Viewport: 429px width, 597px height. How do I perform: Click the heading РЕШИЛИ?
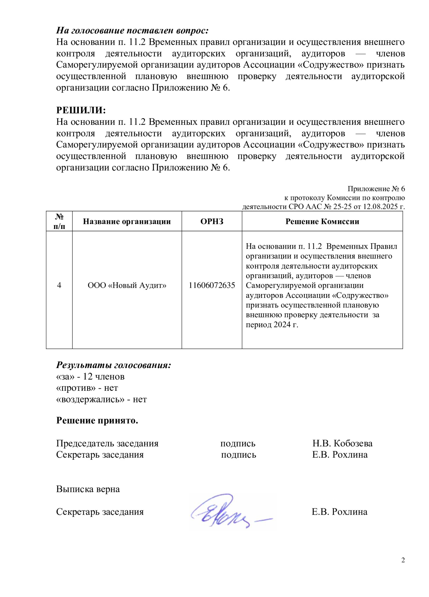(81, 110)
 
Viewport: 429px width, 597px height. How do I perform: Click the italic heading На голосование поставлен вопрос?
(132, 30)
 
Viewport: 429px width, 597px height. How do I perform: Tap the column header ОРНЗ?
(212, 221)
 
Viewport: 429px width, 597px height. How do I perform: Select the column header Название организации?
(127, 221)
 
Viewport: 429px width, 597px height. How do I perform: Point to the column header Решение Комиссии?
(322, 221)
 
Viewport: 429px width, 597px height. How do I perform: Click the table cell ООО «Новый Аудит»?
(127, 285)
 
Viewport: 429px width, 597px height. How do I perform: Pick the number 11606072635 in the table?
(212, 285)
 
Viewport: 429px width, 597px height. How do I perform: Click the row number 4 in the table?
(59, 285)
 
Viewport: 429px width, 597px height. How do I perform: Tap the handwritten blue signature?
(227, 511)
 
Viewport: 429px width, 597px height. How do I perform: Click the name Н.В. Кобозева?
(342, 443)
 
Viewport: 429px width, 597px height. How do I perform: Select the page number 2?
(403, 560)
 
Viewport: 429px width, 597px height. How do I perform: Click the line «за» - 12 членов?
(90, 376)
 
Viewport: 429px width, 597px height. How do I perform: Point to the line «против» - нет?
(87, 388)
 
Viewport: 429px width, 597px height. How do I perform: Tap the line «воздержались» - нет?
(101, 399)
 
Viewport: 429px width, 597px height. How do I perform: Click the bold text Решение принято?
(97, 420)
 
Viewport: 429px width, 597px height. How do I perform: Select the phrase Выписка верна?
(88, 489)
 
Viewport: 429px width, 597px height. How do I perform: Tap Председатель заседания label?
(107, 443)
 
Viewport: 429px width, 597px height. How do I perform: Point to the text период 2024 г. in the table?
(272, 324)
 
